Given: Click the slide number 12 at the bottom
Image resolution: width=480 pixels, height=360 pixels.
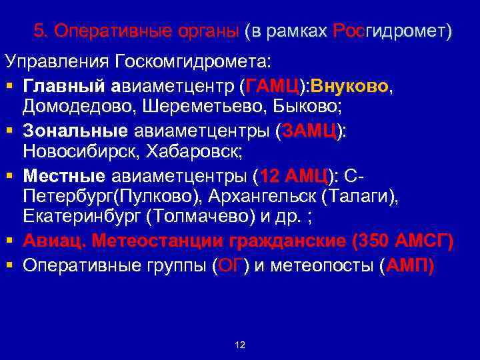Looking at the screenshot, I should click(241, 345).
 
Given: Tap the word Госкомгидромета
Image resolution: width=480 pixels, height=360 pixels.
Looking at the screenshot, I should click(193, 62).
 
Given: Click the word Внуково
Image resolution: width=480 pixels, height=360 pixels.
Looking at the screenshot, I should click(354, 87).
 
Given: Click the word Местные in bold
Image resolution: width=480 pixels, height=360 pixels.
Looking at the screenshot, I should click(64, 177).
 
